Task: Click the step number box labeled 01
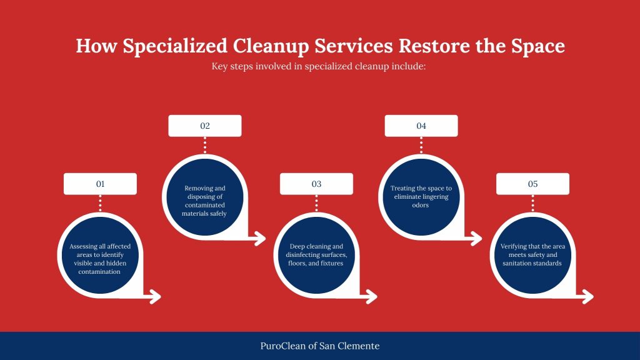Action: [100, 184]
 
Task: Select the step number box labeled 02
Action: [205, 126]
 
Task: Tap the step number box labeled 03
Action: [316, 184]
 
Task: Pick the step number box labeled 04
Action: [421, 126]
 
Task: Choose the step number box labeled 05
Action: [532, 184]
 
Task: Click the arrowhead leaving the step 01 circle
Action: [154, 297]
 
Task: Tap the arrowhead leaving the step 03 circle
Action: [371, 297]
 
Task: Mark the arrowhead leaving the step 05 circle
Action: [587, 297]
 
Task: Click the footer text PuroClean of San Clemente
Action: [320, 346]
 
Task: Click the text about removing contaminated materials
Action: [204, 201]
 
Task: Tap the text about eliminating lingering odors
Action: [421, 196]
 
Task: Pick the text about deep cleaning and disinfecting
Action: [316, 254]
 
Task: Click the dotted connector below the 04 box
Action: [421, 145]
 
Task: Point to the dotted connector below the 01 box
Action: [100, 203]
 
